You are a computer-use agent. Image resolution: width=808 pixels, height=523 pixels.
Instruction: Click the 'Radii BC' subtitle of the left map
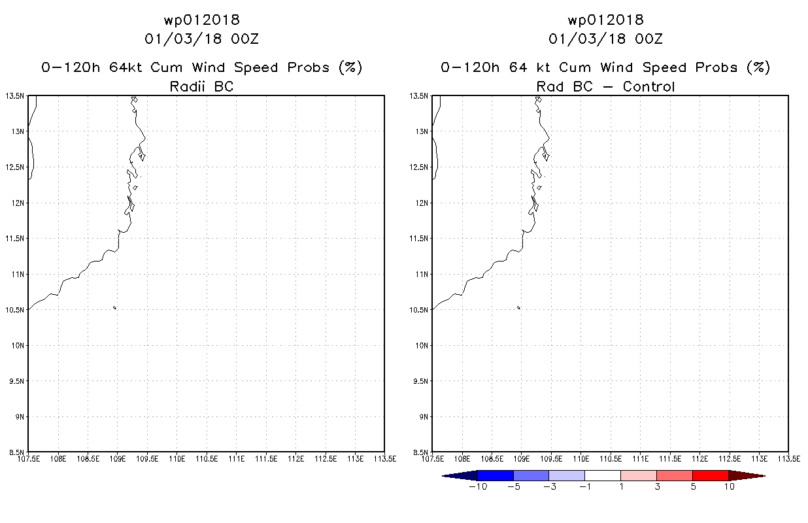(201, 86)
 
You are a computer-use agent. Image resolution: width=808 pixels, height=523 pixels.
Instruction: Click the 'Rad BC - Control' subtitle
(605, 86)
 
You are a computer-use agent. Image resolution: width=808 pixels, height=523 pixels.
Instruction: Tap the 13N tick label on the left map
(18, 131)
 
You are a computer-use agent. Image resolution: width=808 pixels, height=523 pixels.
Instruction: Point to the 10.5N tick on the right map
(418, 310)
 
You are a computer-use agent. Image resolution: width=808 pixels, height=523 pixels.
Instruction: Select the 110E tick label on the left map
(177, 459)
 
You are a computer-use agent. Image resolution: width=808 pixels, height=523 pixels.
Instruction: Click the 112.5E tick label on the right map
(730, 459)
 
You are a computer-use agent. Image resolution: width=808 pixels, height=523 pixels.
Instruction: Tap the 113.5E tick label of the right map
(789, 459)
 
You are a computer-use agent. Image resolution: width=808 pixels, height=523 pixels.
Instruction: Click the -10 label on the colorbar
(478, 486)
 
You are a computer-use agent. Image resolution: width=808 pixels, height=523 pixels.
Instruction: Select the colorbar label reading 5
(693, 486)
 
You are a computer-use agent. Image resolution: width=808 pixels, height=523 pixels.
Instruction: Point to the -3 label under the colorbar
(550, 486)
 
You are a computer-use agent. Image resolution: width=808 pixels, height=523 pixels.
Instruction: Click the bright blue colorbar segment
(496, 476)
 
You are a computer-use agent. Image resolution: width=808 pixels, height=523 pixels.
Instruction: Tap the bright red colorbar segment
(711, 476)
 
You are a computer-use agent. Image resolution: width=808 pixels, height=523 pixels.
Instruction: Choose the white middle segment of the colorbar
(603, 476)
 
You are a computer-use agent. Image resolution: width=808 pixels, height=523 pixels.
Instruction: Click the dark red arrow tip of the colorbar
(765, 476)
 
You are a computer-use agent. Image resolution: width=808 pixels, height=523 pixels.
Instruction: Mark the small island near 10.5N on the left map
(114, 308)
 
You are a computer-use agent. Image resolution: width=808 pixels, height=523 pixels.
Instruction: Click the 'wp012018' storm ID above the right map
(605, 20)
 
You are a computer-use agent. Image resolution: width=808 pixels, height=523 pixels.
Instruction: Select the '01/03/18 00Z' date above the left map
(201, 39)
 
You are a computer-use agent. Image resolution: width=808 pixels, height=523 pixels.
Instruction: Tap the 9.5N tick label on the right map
(420, 381)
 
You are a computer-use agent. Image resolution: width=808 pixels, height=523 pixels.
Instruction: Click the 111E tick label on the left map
(236, 459)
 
